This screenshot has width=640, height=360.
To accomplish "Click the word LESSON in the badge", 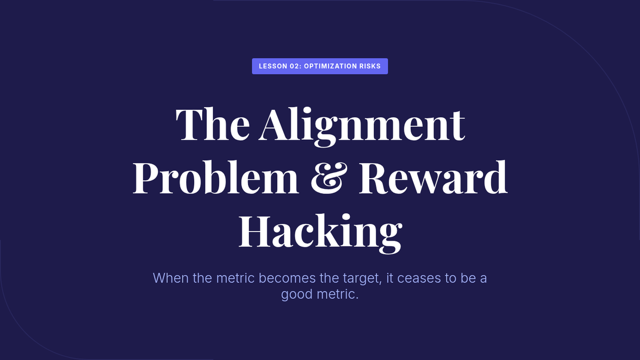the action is [273, 66].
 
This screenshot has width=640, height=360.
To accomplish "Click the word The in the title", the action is [213, 124].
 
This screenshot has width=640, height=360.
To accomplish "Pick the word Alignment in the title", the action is [362, 127].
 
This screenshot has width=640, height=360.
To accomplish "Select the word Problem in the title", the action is [215, 177].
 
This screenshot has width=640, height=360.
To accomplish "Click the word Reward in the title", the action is [433, 177].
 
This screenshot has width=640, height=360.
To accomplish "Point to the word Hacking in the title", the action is [321, 233].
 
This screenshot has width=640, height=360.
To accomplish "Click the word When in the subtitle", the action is [171, 278].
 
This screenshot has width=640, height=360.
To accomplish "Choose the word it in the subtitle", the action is [390, 278].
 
